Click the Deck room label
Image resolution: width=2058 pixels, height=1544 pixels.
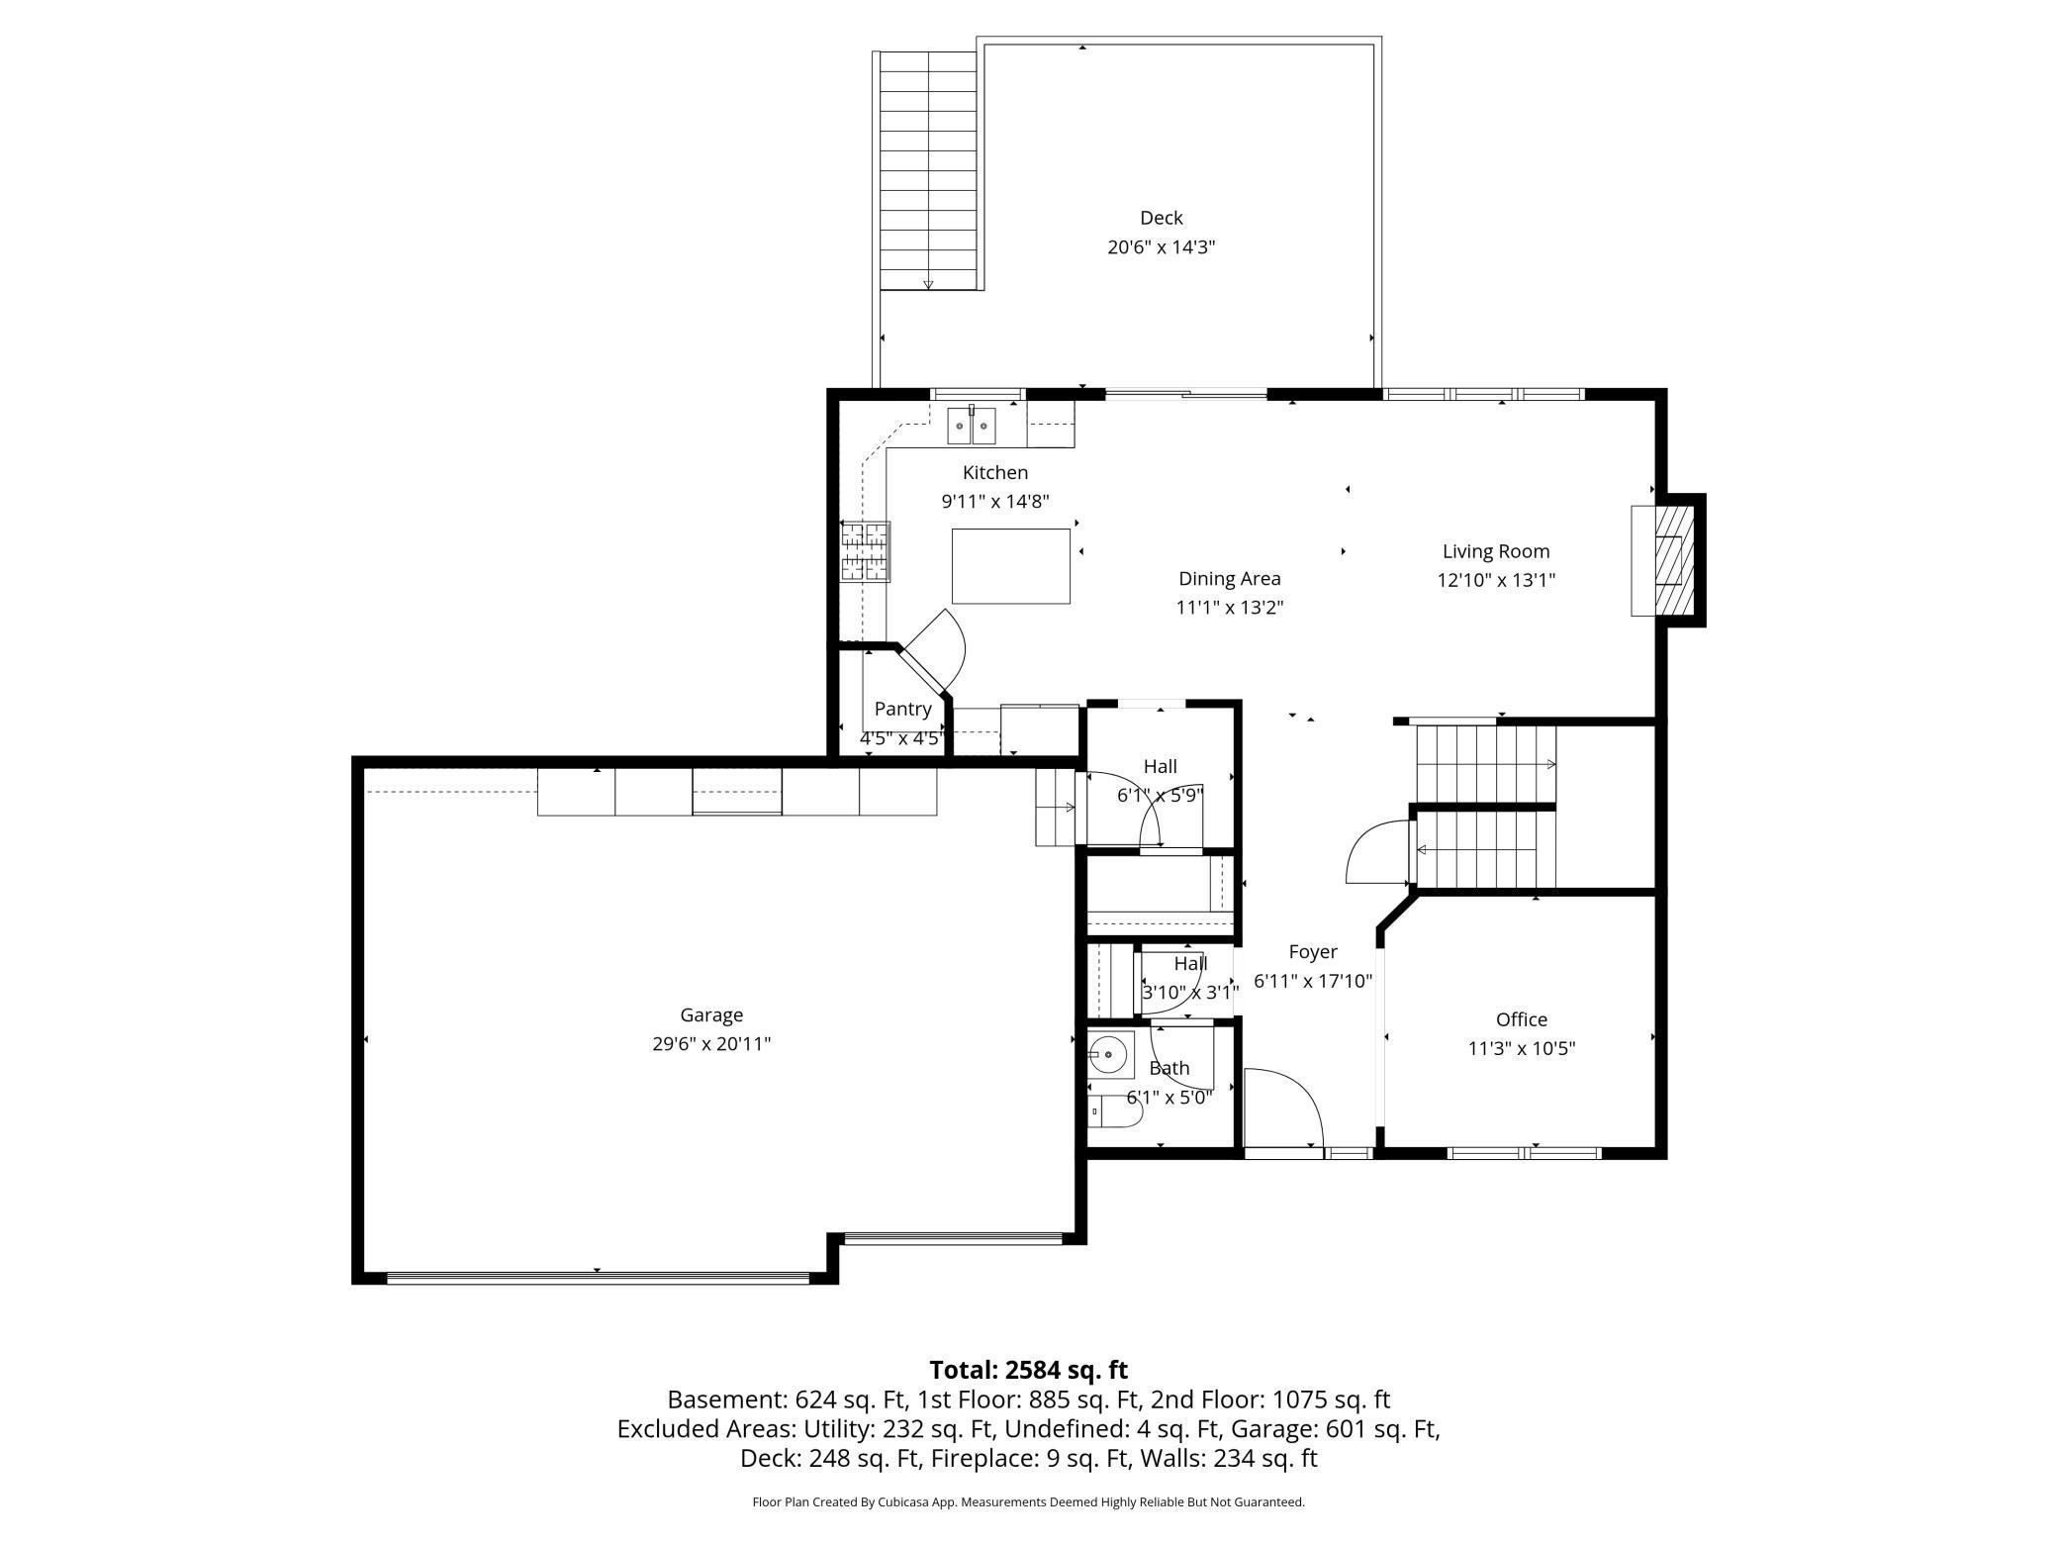point(1161,218)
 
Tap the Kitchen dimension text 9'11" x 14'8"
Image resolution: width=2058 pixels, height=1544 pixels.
point(995,502)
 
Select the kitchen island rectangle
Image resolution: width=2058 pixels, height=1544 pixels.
point(1010,566)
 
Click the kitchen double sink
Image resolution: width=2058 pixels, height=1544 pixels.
point(972,426)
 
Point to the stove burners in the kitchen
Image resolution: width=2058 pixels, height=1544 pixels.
point(866,550)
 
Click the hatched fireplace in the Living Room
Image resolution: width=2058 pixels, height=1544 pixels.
point(1668,562)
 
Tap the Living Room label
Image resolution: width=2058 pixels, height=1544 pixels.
point(1495,552)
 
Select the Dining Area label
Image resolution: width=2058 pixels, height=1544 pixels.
point(1229,579)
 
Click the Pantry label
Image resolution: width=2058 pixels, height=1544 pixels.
point(902,710)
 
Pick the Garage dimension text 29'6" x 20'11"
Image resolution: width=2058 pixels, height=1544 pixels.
point(711,1044)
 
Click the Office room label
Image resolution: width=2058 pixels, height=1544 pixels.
point(1521,1019)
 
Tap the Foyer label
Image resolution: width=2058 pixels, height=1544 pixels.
point(1313,952)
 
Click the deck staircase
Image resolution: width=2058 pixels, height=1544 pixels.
point(928,170)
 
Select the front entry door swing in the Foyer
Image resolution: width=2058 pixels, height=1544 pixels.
point(1283,1108)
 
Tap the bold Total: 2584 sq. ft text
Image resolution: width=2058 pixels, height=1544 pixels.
point(1028,1370)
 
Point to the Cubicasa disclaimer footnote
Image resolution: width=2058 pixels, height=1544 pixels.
point(1028,1502)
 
